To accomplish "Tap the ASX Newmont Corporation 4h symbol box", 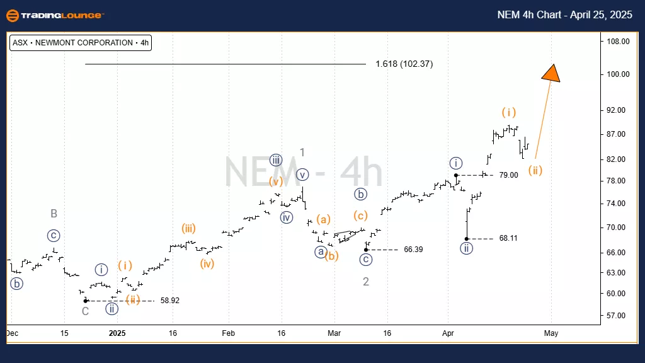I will tap(81, 43).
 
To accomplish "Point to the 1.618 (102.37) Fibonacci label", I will tap(404, 64).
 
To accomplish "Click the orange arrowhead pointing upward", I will tap(551, 72).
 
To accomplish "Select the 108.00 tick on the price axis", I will tap(618, 42).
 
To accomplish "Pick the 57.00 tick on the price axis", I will tap(618, 315).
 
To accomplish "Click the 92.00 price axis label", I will tap(618, 110).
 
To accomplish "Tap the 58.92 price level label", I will tap(170, 301).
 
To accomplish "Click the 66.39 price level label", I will tap(413, 250).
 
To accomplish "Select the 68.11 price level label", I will tap(508, 238).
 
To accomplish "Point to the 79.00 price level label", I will tap(508, 175).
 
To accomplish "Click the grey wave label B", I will tap(54, 214).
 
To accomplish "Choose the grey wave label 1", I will tap(302, 152).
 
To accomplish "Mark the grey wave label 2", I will tap(366, 282).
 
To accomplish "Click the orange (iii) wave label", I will tap(188, 228).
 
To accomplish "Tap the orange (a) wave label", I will tap(323, 219).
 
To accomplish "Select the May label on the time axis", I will tap(551, 332).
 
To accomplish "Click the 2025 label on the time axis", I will tap(117, 332).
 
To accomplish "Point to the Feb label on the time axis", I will tap(229, 332).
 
